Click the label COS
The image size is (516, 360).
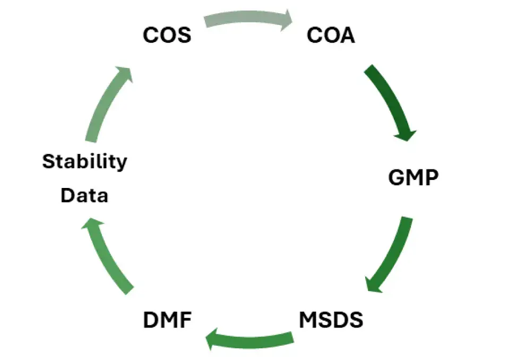(167, 36)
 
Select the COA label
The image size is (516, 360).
(331, 36)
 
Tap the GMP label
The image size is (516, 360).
(414, 177)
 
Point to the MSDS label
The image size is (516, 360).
(331, 320)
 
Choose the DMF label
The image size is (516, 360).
(167, 320)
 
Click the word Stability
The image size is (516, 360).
(85, 161)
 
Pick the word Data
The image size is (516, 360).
(84, 195)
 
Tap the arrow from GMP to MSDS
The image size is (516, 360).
(393, 255)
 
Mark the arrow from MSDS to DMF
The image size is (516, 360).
(250, 339)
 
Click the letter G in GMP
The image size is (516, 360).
(397, 177)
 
